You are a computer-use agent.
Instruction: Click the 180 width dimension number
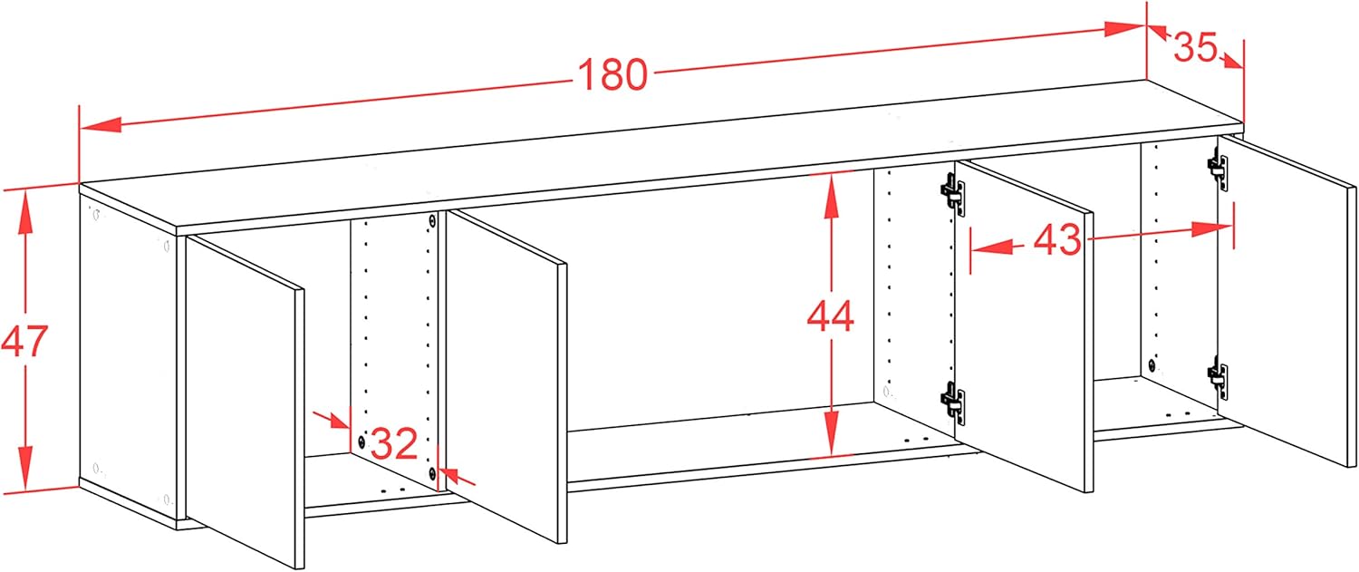(612, 74)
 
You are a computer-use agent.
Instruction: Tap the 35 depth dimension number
(1195, 47)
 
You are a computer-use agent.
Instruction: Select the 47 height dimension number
(24, 341)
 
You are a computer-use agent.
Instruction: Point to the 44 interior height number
(831, 316)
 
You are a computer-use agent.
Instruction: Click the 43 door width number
(1057, 239)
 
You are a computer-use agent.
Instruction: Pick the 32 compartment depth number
(394, 443)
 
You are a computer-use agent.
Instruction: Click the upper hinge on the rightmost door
(1219, 170)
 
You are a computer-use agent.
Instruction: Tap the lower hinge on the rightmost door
(1218, 378)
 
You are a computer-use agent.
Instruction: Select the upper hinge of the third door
(952, 194)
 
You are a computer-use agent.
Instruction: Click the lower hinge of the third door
(952, 402)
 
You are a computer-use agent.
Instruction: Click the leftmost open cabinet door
(246, 402)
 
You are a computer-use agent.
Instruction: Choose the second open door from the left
(506, 376)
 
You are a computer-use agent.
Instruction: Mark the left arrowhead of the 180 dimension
(101, 124)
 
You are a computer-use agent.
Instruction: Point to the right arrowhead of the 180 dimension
(1124, 28)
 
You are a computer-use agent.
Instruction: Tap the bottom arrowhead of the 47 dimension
(24, 468)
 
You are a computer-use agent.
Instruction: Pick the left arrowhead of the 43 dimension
(993, 247)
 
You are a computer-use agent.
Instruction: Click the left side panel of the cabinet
(128, 358)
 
